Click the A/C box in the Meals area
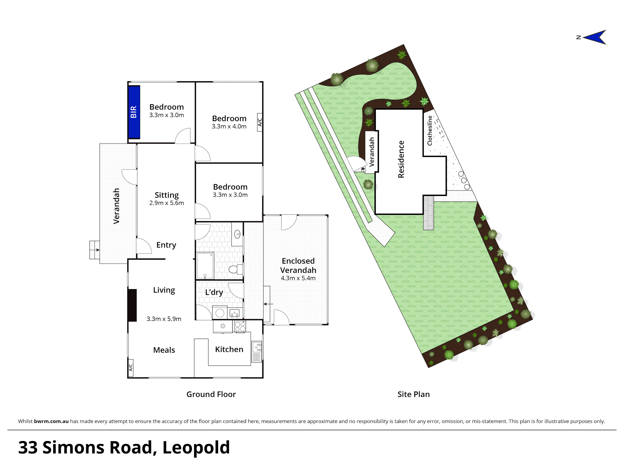point(131,367)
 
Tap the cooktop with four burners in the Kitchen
point(240,326)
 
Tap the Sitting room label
point(166,195)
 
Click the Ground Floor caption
point(211,394)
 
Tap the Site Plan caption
point(414,394)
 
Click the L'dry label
point(214,292)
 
